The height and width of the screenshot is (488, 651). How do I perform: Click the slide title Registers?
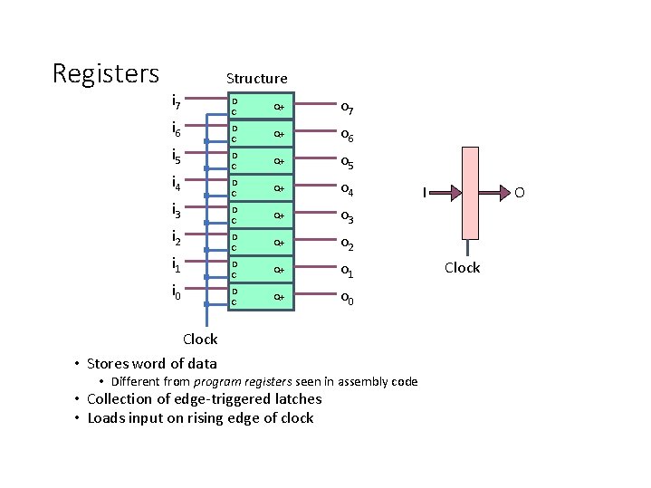click(x=106, y=73)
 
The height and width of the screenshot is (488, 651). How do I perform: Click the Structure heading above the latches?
click(x=256, y=79)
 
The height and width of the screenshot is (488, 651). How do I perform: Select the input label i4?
click(x=178, y=186)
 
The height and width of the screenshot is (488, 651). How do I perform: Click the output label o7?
click(x=347, y=109)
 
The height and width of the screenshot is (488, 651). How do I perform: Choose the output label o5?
click(x=347, y=164)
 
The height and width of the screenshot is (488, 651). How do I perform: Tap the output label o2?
click(x=347, y=245)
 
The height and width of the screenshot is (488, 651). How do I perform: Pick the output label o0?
click(x=347, y=300)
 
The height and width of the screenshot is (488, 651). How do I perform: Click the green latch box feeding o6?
click(x=261, y=134)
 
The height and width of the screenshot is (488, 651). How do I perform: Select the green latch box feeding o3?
click(x=261, y=215)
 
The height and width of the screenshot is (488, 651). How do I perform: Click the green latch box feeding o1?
click(x=261, y=270)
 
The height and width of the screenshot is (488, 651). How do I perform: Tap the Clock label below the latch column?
click(x=200, y=340)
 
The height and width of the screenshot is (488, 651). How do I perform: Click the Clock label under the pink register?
click(x=462, y=267)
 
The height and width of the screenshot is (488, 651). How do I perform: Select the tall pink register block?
click(x=469, y=192)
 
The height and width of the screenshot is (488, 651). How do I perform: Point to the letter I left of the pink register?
click(x=425, y=192)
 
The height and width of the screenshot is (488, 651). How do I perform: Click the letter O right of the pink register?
click(x=519, y=192)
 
